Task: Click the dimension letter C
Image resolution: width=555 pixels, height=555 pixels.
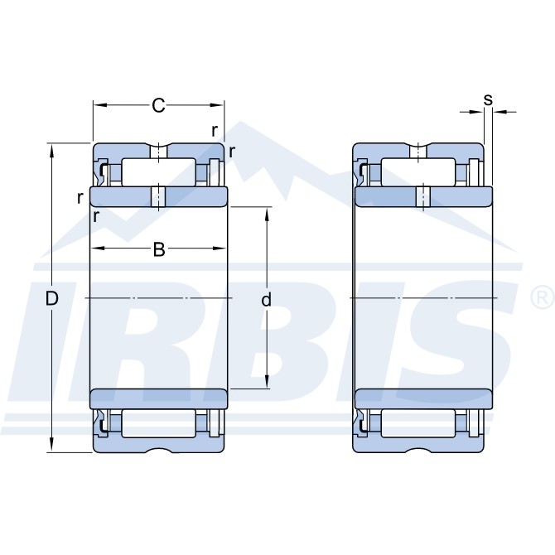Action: (158, 105)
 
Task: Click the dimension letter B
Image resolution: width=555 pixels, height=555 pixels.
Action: (159, 249)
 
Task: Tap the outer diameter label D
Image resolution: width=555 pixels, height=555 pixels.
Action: (51, 299)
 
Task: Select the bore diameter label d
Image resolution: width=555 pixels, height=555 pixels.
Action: (266, 299)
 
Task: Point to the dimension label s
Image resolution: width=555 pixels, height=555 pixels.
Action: (488, 100)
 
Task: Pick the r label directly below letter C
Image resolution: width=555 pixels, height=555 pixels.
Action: (215, 131)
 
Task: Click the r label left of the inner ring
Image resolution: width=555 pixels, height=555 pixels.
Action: (80, 198)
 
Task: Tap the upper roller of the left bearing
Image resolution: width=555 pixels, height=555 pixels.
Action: (158, 172)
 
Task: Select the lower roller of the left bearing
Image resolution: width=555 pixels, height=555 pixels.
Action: (158, 423)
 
